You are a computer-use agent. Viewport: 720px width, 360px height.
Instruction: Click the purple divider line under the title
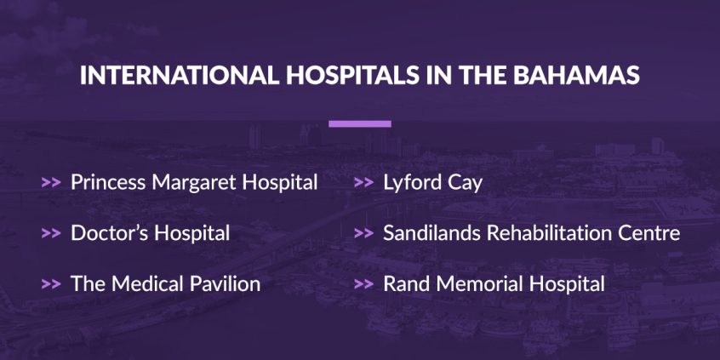click(359, 123)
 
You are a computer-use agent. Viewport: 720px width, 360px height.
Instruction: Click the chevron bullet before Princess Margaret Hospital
click(50, 182)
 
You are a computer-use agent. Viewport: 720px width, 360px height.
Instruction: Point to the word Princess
click(107, 182)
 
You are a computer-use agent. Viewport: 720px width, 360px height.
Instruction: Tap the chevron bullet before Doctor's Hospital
click(50, 233)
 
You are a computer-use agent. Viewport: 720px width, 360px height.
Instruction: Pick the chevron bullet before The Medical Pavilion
click(50, 284)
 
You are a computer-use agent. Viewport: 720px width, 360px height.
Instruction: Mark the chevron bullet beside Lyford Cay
click(363, 182)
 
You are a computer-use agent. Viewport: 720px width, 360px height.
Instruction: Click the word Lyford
click(411, 183)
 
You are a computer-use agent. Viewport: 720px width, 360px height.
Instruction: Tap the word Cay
click(464, 183)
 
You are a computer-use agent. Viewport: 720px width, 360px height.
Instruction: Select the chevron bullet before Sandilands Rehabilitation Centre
click(363, 233)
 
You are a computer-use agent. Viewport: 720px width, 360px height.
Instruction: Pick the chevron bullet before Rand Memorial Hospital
click(363, 284)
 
